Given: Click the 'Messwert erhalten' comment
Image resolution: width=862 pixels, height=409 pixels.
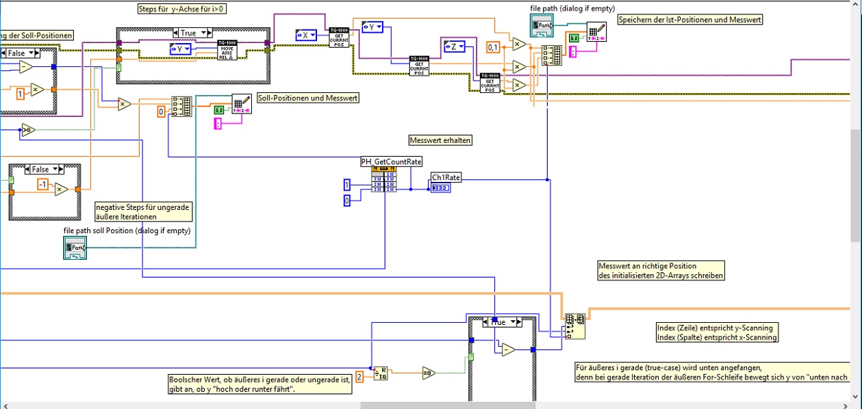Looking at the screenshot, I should pyautogui.click(x=441, y=140).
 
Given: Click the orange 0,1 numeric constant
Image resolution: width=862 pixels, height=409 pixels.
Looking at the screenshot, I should pyautogui.click(x=494, y=47).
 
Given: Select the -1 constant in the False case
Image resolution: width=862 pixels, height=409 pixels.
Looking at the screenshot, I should pyautogui.click(x=42, y=185).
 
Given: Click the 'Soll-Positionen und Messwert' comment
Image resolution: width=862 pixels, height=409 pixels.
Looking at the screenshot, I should pyautogui.click(x=308, y=98).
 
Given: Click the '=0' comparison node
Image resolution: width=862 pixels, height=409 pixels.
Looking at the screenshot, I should pyautogui.click(x=429, y=373).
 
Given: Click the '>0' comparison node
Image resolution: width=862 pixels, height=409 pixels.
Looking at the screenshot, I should pyautogui.click(x=28, y=130).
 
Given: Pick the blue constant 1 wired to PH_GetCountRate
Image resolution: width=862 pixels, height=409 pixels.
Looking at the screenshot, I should pyautogui.click(x=347, y=185).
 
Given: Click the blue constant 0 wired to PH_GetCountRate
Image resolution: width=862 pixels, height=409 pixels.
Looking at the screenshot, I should pyautogui.click(x=347, y=200).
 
